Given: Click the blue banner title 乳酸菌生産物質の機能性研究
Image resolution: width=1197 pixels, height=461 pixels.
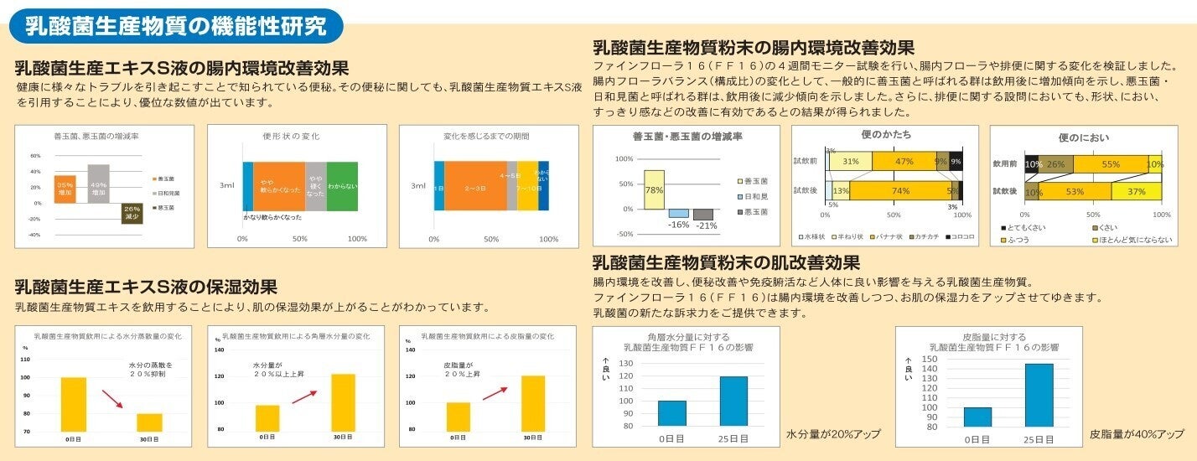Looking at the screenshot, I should (175, 26).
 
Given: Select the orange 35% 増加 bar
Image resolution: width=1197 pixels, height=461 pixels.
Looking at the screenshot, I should (65, 189).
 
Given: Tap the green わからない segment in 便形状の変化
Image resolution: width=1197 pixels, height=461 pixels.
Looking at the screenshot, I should (342, 186).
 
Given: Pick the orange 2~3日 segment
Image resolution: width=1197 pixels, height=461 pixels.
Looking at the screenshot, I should (475, 186).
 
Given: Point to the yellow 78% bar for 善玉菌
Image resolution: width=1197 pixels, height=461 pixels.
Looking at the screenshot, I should (654, 190).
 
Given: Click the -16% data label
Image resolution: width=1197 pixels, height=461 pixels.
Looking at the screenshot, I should (678, 225).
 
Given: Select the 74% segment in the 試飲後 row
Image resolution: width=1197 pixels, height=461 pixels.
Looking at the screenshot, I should (901, 190).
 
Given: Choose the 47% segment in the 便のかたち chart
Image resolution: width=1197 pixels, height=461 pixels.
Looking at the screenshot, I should (904, 161).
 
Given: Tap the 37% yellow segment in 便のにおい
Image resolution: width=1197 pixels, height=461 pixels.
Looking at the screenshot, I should (1136, 191).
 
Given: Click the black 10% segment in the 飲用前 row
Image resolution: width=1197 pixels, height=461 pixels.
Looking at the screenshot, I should (1033, 164).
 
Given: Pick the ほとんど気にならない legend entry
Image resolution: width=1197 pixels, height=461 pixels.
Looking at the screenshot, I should (1127, 240).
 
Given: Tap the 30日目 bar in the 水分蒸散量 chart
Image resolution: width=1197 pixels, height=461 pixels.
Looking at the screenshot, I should (149, 422).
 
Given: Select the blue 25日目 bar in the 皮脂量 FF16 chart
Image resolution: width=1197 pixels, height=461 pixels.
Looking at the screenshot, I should (1039, 395).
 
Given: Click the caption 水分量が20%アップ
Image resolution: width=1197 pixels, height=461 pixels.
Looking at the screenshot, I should (833, 434).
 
